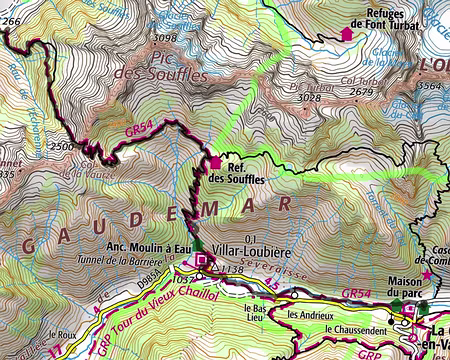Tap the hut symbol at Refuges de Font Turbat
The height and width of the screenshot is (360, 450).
click(x=347, y=33)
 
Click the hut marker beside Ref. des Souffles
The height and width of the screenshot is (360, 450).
click(x=215, y=162)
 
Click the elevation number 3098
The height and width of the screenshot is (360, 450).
click(x=166, y=38)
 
